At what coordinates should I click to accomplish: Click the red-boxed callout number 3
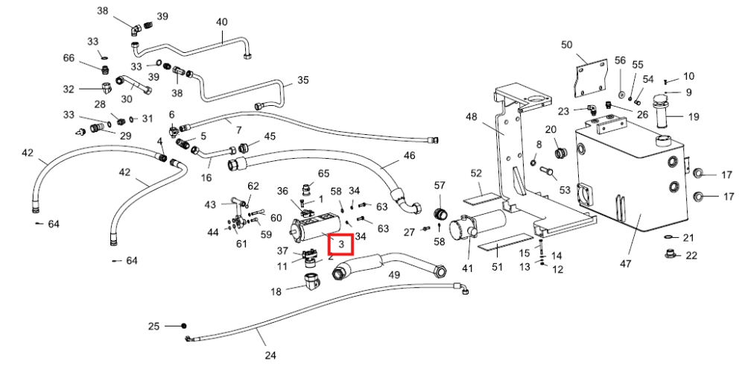341,245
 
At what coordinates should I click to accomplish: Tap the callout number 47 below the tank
625,263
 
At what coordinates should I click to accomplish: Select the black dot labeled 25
184,326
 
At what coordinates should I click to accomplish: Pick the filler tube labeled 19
662,111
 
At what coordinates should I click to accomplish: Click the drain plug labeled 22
670,254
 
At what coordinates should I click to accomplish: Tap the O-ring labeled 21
670,238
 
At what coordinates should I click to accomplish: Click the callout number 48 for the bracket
472,116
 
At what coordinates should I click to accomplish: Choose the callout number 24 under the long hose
270,355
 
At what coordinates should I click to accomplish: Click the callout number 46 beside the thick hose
409,155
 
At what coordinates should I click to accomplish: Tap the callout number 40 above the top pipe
222,22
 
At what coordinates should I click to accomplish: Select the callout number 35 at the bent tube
302,79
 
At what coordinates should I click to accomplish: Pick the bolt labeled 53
549,174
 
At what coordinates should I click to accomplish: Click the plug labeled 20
562,154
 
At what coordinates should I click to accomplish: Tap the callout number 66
69,58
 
